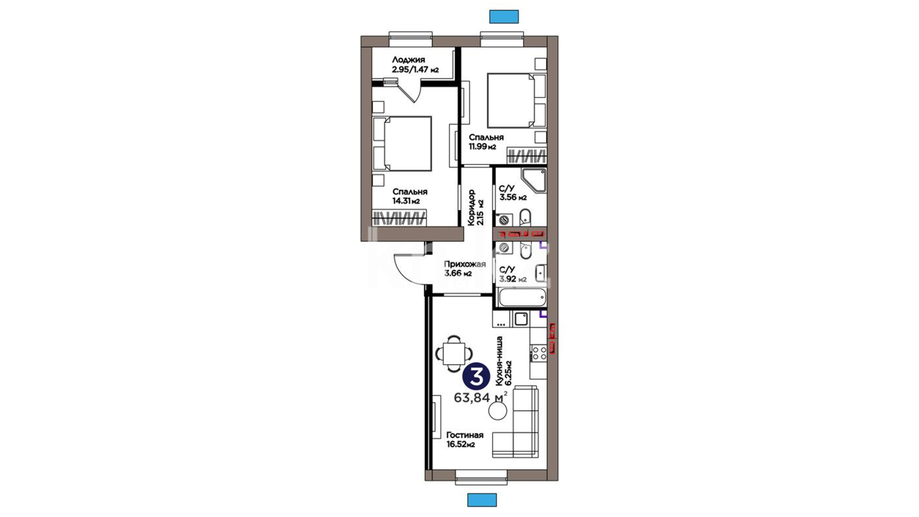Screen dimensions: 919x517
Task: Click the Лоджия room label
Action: click(x=408, y=60)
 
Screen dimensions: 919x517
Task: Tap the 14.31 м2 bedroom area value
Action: click(x=406, y=201)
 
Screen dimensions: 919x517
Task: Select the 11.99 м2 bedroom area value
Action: click(x=482, y=146)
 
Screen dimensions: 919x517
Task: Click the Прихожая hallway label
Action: click(x=465, y=264)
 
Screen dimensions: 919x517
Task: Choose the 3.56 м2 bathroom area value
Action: click(x=513, y=197)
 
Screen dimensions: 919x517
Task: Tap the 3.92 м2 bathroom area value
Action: click(x=513, y=279)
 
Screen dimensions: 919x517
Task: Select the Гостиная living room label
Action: click(x=465, y=435)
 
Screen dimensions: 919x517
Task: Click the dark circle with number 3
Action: click(x=477, y=377)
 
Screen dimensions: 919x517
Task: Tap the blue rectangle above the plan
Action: click(x=504, y=16)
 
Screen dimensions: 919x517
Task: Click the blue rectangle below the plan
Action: click(x=482, y=500)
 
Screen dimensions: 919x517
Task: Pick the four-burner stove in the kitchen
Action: click(x=539, y=353)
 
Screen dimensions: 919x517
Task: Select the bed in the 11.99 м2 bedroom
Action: click(x=516, y=101)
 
